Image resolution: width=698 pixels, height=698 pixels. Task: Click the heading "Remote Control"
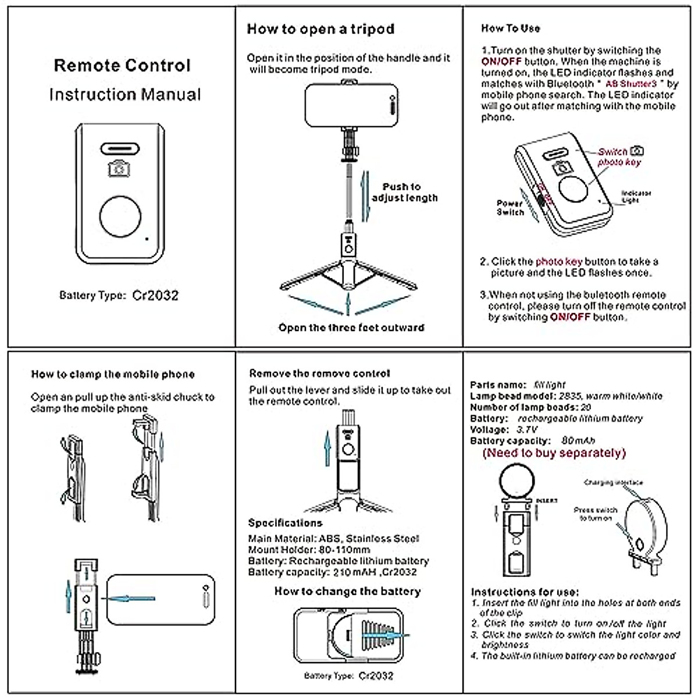pos(122,65)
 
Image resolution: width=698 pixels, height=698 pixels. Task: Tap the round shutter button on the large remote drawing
pos(120,217)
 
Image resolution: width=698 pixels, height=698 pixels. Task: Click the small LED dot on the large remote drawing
pos(147,238)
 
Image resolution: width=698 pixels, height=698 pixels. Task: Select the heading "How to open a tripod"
pos(320,29)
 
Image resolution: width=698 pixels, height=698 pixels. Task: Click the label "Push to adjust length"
pos(405,193)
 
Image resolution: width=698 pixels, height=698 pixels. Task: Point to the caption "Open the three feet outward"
pos(351,327)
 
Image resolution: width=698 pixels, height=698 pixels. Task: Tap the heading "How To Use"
pos(510,28)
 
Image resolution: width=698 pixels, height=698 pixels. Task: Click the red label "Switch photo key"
pos(618,156)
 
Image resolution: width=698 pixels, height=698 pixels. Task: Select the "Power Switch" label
pos(510,208)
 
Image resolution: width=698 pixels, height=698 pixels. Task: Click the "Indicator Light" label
pos(635,197)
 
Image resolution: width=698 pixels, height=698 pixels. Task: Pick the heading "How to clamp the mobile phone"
pos(113,374)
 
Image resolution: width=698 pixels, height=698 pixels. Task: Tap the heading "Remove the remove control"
pos(319,373)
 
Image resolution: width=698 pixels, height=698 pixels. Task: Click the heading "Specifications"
pos(285,523)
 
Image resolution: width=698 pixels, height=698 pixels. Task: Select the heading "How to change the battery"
pos(347,592)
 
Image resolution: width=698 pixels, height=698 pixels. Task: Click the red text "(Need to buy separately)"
pos(554,453)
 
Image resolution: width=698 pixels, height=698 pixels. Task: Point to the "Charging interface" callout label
pos(614,482)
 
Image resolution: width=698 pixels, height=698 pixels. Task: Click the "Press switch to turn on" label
pos(595,514)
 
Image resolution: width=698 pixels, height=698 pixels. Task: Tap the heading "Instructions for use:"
pos(525,592)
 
